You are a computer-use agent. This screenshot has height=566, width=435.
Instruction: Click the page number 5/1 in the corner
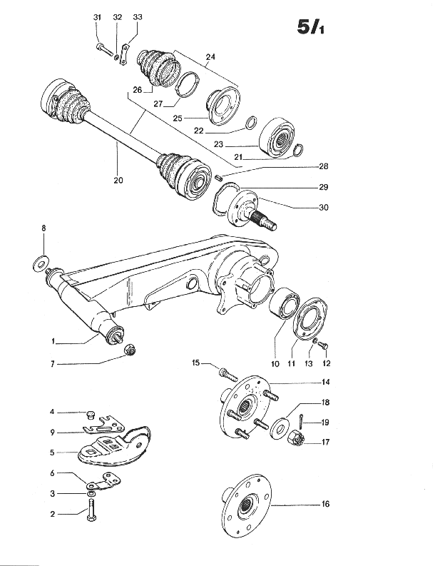click(x=310, y=26)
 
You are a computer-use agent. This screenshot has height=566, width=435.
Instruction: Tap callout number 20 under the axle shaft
click(x=118, y=180)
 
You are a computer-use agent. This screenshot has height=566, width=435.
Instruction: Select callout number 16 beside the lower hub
click(x=325, y=504)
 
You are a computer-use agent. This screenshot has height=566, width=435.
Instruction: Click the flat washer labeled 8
click(x=41, y=263)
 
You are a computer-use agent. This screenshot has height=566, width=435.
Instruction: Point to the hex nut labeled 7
click(x=129, y=350)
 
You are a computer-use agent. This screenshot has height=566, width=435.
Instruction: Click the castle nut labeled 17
click(x=296, y=437)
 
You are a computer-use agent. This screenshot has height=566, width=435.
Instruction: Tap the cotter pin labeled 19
click(x=301, y=420)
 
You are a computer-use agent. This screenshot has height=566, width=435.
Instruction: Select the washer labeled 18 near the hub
click(x=279, y=427)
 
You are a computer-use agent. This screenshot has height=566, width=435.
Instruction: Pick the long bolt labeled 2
click(x=91, y=509)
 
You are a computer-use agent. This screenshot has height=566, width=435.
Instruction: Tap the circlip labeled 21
click(x=298, y=150)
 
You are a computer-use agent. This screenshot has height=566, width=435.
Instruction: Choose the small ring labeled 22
click(x=252, y=122)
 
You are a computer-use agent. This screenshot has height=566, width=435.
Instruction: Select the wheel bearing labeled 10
click(x=285, y=303)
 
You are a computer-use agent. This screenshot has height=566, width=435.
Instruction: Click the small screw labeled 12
click(x=324, y=345)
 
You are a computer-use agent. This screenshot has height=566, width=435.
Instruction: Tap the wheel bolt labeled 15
click(x=227, y=374)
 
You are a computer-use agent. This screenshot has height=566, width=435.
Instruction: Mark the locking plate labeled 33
click(x=124, y=54)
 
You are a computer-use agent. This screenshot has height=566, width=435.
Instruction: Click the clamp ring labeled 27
click(x=188, y=84)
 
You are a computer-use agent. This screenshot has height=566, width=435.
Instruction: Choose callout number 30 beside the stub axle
click(x=324, y=207)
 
